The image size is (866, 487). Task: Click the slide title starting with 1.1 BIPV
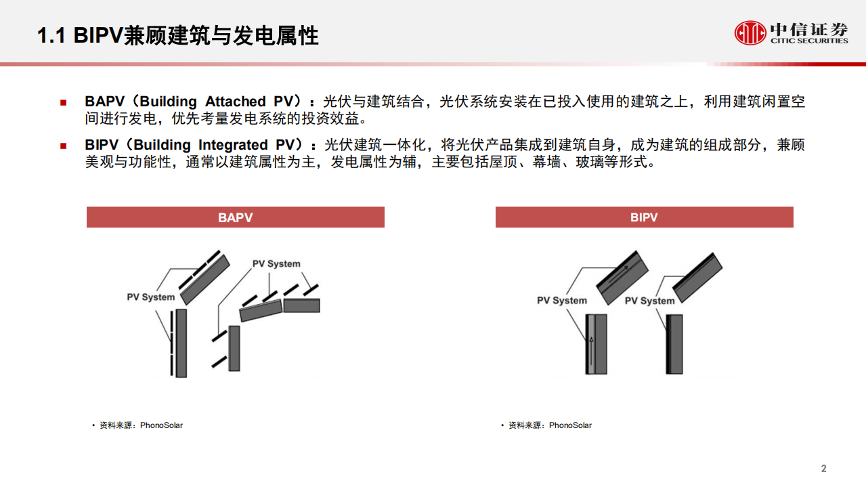pos(177,35)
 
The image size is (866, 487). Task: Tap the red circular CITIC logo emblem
pos(750,32)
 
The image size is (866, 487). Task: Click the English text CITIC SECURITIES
pos(808,41)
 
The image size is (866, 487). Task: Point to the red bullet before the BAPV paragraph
pos(63,102)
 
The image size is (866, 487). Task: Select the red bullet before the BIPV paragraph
pos(63,146)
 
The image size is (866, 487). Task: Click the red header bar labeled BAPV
pos(235,217)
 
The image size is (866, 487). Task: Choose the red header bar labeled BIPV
pos(644,217)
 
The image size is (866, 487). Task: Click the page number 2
pos(823,469)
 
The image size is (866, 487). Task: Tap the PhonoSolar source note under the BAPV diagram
pos(141,425)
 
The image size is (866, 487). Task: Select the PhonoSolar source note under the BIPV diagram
pos(550,425)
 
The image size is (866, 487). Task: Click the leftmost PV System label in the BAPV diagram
pos(150,297)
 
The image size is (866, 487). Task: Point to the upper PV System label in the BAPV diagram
pos(276,263)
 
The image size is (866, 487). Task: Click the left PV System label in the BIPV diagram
pos(561,300)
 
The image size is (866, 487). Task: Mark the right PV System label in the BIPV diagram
pos(649,300)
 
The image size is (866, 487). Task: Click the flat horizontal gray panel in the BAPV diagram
pos(301,305)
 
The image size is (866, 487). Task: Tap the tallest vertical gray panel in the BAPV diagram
pos(181,343)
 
